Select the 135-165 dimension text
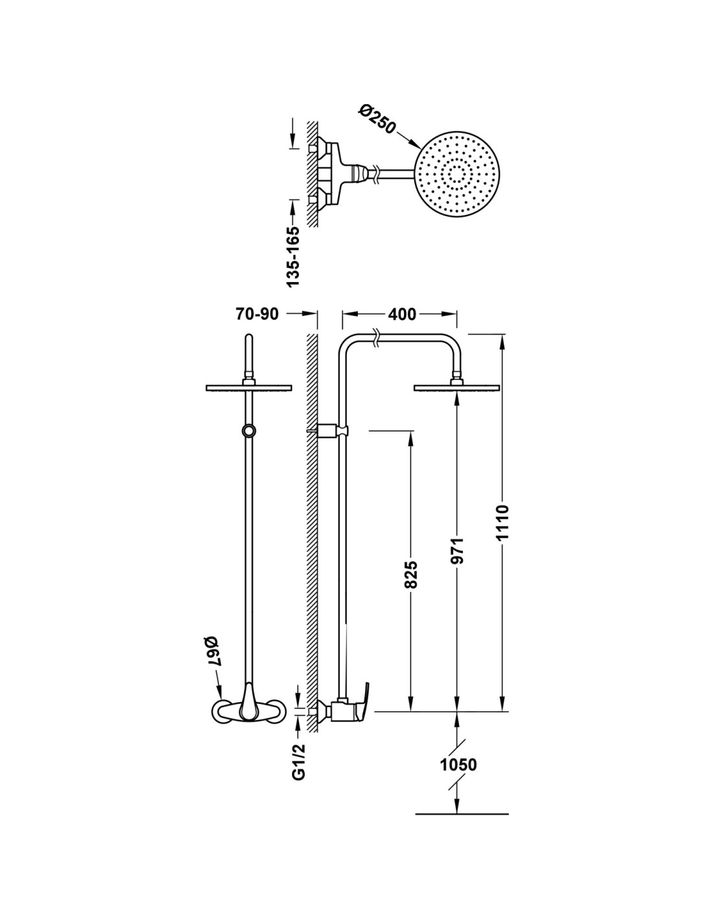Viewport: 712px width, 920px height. (x=293, y=256)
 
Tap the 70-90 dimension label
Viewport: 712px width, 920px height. (x=257, y=314)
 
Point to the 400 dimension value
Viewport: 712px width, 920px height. (x=402, y=314)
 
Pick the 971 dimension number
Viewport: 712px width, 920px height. (x=458, y=550)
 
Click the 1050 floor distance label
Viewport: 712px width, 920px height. (x=458, y=764)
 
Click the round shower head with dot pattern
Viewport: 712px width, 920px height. (x=459, y=173)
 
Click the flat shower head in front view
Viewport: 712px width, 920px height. (x=249, y=388)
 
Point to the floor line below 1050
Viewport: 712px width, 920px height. (x=461, y=813)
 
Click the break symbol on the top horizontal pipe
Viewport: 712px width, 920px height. (x=377, y=338)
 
